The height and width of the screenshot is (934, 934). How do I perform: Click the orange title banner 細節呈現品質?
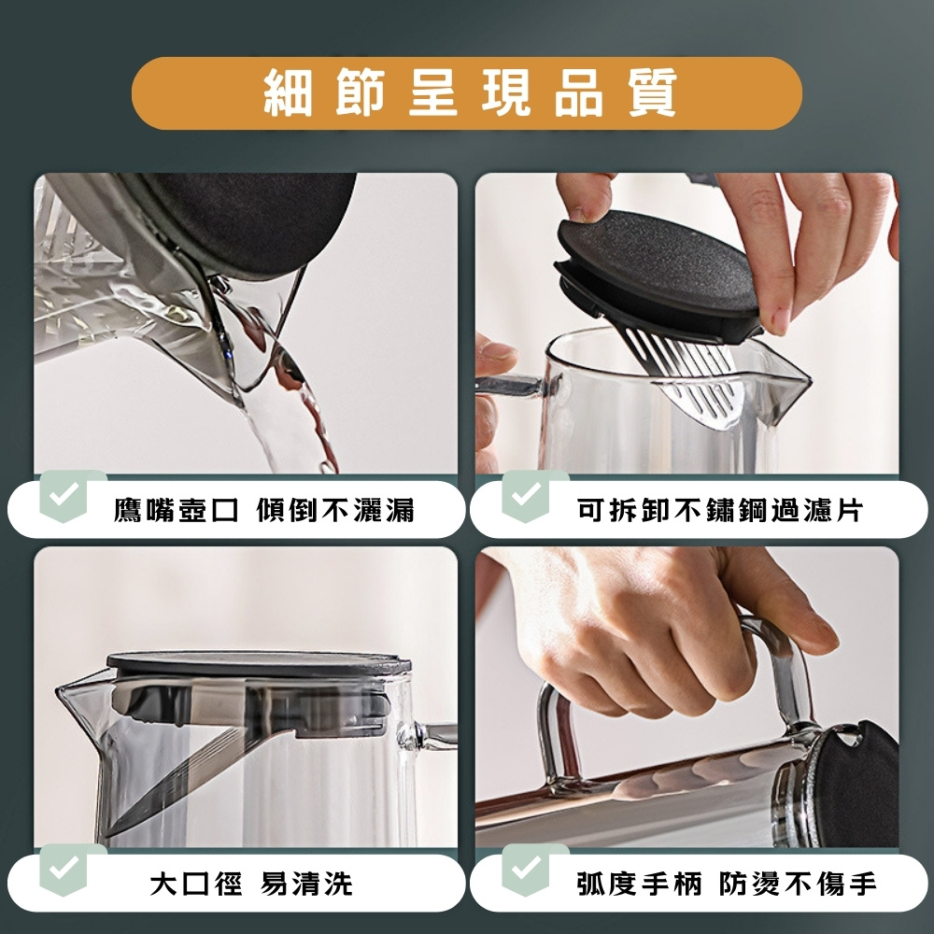pyautogui.click(x=467, y=93)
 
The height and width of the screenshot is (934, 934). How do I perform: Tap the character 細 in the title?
pyautogui.click(x=287, y=93)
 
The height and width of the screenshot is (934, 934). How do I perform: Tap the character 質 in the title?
pyautogui.click(x=651, y=93)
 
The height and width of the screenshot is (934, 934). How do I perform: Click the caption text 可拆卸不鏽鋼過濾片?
pyautogui.click(x=719, y=510)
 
